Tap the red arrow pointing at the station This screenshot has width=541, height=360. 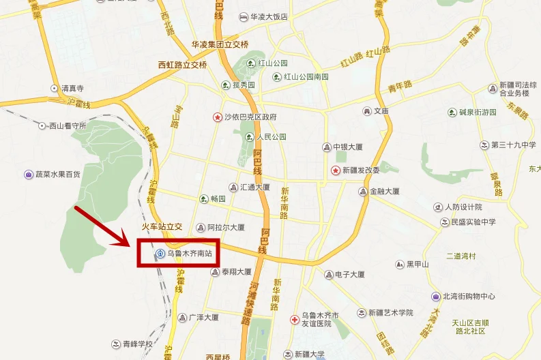click(102, 225)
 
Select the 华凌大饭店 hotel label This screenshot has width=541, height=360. click(269, 16)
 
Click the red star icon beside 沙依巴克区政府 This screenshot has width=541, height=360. click(217, 117)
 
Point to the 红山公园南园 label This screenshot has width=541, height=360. click(306, 76)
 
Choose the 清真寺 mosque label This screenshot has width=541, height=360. click(72, 88)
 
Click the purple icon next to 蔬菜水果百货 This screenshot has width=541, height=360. click(29, 175)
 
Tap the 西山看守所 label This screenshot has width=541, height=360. click(67, 125)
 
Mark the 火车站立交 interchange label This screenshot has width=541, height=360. click(162, 226)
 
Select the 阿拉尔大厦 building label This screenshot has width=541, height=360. click(225, 228)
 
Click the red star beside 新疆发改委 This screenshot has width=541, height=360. click(335, 170)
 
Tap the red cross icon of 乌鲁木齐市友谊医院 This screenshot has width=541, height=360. click(294, 319)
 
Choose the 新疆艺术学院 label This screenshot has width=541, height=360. click(390, 313)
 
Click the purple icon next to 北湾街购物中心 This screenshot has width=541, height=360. click(435, 297)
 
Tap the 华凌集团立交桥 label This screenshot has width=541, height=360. click(220, 44)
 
